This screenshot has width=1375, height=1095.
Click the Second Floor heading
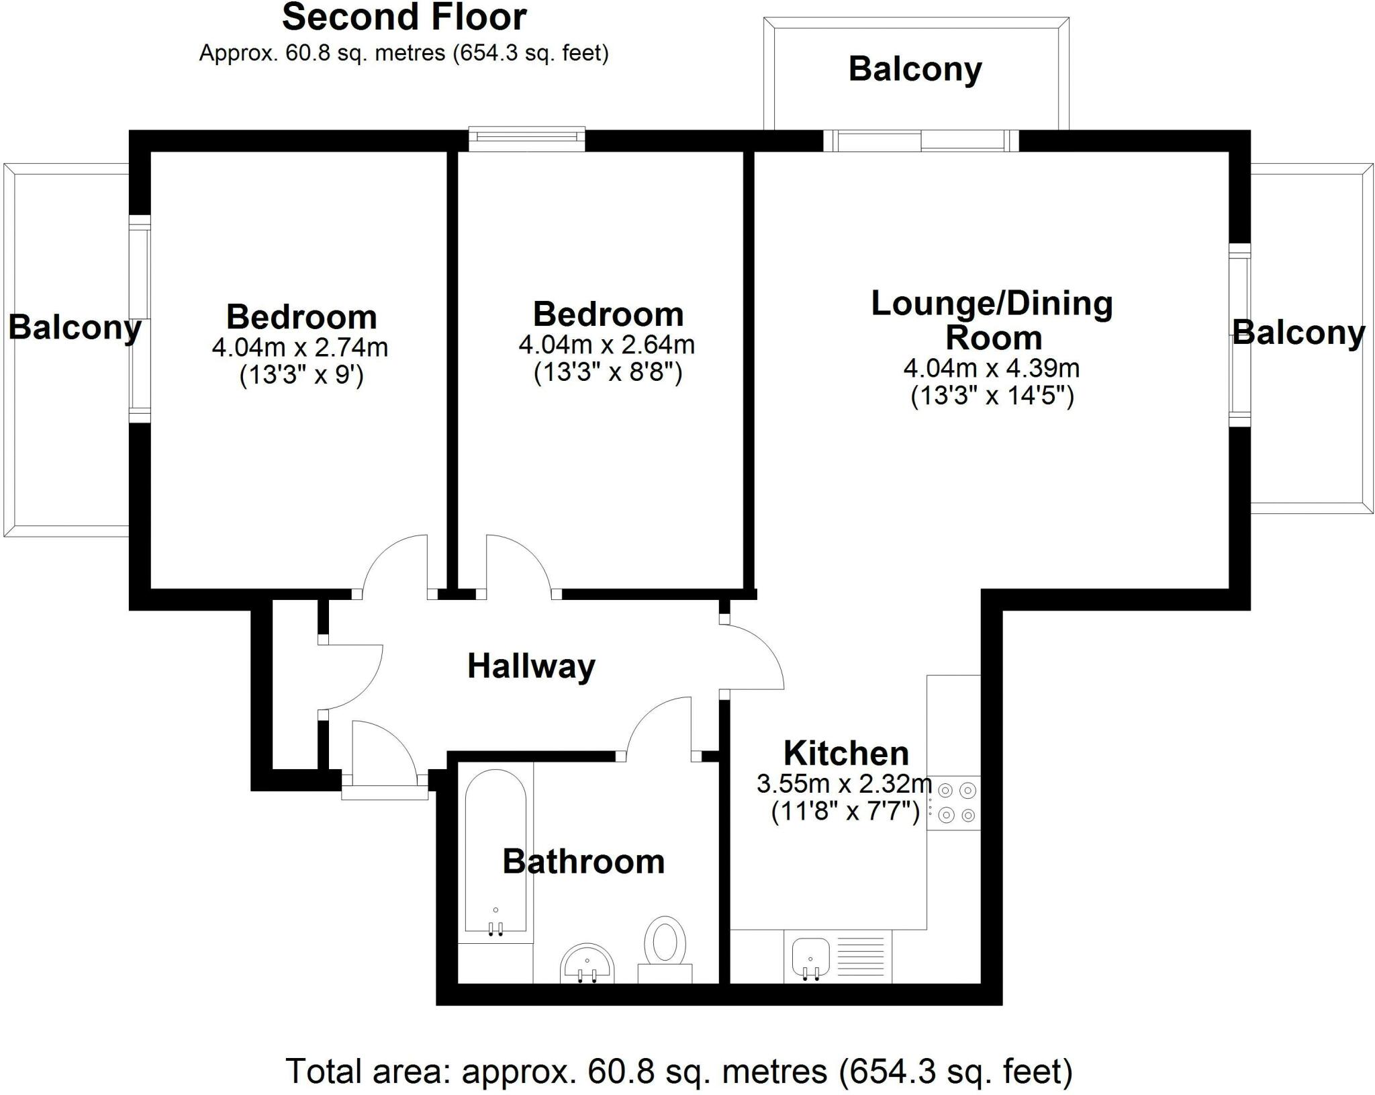pos(404,17)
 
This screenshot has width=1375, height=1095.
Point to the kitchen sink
pos(811,957)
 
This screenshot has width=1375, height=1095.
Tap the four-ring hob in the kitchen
pos(956,803)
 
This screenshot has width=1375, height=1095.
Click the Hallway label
pos(531,666)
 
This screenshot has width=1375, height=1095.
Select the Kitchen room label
pos(846,753)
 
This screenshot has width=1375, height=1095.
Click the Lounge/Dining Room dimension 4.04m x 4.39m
pos(991,368)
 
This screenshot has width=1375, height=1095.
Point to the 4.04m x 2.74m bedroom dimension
pos(299,347)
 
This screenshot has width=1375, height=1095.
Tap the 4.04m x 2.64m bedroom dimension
pos(606,345)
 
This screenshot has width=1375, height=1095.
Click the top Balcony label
pos(915,69)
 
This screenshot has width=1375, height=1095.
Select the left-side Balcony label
pos(75,328)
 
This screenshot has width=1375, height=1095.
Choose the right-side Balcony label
pos(1298,333)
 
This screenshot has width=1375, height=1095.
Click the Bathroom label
pos(583,862)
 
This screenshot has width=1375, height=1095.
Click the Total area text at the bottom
pos(679,1071)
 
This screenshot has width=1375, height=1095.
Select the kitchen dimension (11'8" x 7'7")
pos(845,813)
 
